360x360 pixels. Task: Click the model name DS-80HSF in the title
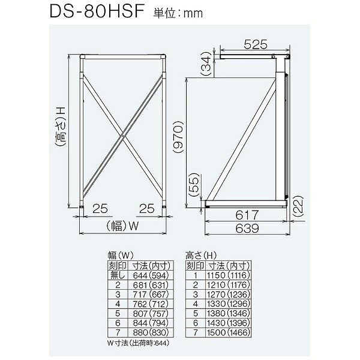tap(97, 11)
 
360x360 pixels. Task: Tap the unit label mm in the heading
tap(193, 14)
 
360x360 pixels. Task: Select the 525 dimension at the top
tap(256, 44)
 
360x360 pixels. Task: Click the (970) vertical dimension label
tap(178, 137)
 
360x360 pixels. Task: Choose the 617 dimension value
tap(247, 215)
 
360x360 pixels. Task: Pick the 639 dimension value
tap(247, 228)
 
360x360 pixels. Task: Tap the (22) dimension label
tap(299, 206)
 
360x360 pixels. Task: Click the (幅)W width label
tap(122, 226)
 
